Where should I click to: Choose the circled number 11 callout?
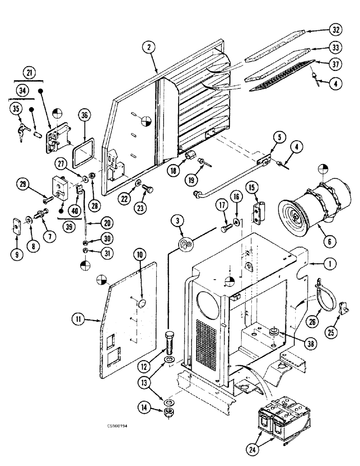pyautogui.click(x=77, y=319)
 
